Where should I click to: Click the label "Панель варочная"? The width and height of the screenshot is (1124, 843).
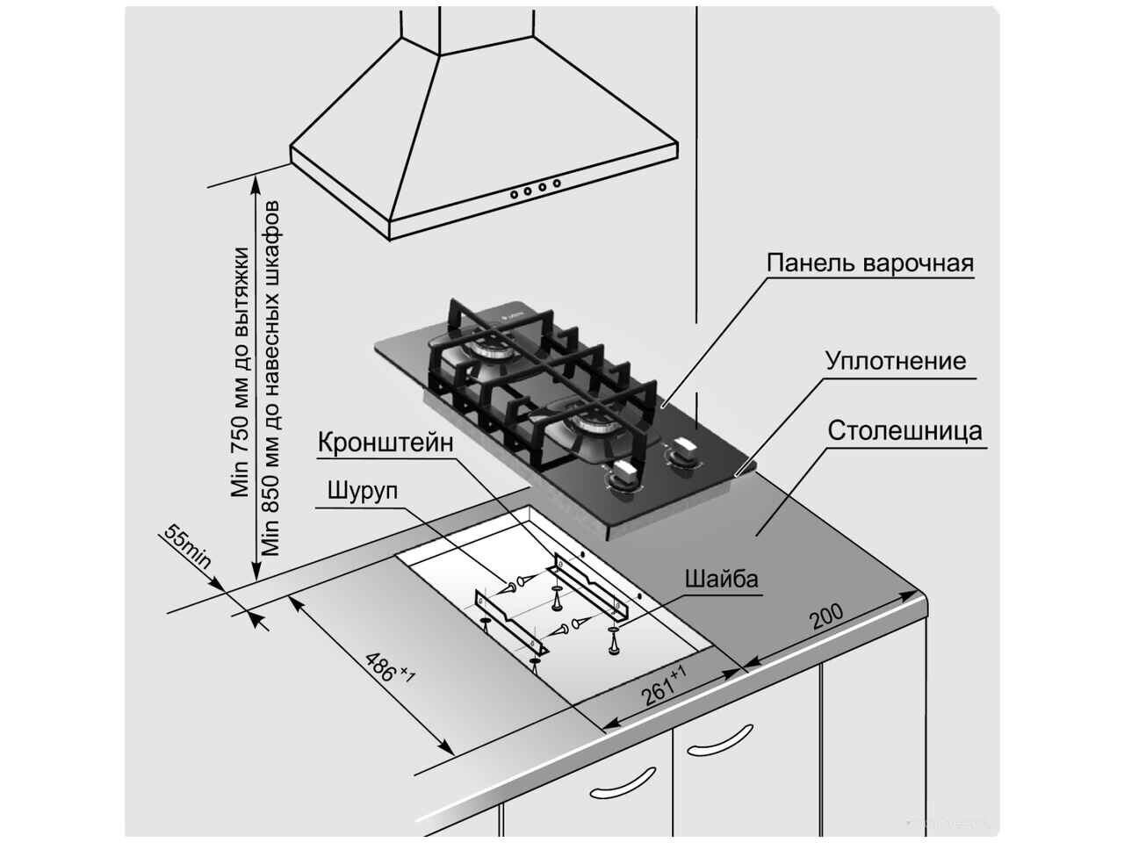coord(869,263)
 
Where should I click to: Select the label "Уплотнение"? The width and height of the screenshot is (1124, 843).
coord(895,361)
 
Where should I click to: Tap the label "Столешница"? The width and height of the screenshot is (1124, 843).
coord(904,431)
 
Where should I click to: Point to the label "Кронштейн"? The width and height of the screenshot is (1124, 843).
coord(386,442)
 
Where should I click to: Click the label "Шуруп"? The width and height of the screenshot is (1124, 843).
coord(361,490)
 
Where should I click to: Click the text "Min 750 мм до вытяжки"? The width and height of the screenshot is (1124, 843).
coord(240,373)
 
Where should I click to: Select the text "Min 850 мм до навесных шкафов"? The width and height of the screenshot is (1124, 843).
coord(271,378)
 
